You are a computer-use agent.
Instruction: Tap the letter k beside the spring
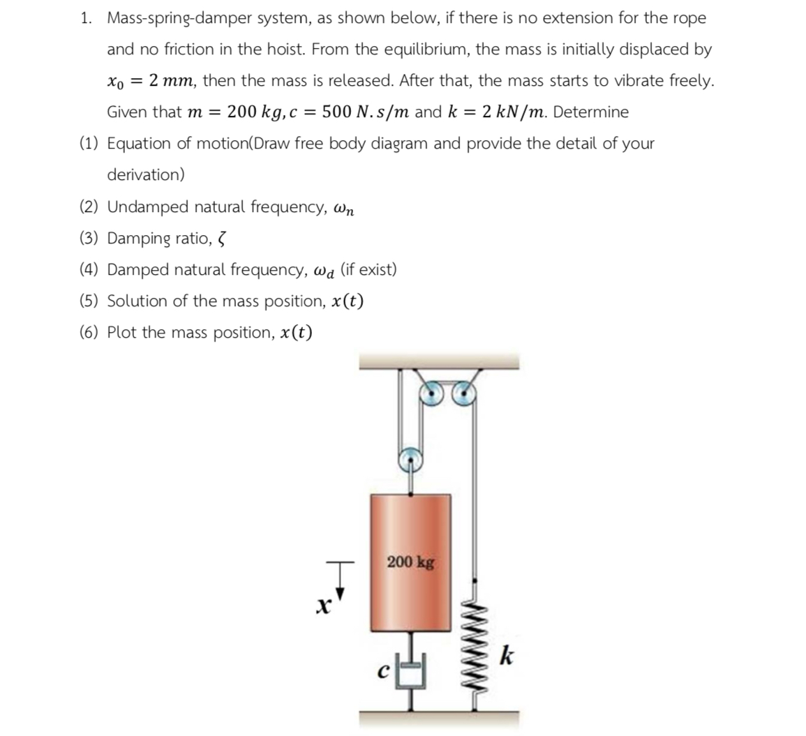point(508,657)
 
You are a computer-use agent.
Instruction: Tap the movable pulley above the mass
point(410,459)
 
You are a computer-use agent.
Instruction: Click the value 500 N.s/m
point(366,112)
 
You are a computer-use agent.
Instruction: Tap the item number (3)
point(89,239)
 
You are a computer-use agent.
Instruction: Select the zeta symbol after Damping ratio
point(222,239)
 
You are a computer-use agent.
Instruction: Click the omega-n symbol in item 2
point(345,209)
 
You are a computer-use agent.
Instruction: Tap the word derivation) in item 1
point(146,175)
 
